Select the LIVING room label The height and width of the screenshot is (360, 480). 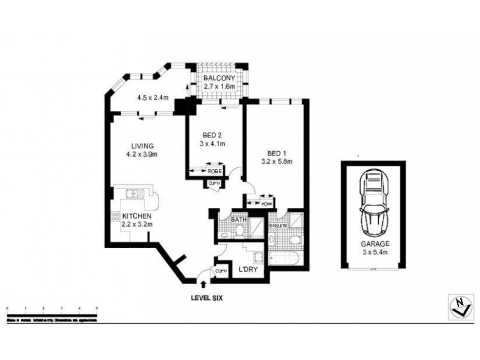pos(144,146)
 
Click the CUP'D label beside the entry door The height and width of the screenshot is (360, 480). pos(220,272)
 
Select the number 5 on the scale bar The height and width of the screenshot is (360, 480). pos(97,307)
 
